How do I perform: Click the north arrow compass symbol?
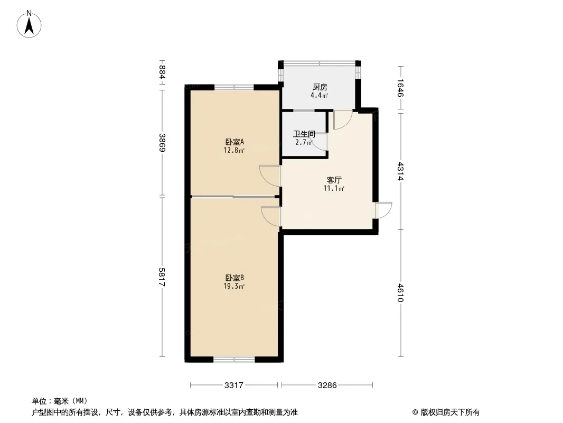pyautogui.click(x=29, y=24)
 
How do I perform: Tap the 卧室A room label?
pyautogui.click(x=235, y=142)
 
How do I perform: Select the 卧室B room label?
pyautogui.click(x=235, y=278)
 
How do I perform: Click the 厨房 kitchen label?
pyautogui.click(x=320, y=87)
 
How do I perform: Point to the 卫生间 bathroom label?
pyautogui.click(x=304, y=134)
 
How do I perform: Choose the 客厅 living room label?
pyautogui.click(x=334, y=180)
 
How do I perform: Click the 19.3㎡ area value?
pyautogui.click(x=234, y=287)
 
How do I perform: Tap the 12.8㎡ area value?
pyautogui.click(x=234, y=151)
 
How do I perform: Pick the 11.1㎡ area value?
pyautogui.click(x=334, y=188)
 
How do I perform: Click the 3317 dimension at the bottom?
pyautogui.click(x=234, y=385)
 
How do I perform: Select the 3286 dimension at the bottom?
pyautogui.click(x=327, y=385)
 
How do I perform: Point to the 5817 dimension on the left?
pyautogui.click(x=162, y=277)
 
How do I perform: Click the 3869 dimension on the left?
pyautogui.click(x=162, y=143)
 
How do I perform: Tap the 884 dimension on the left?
pyautogui.click(x=162, y=72)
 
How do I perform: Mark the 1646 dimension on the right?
pyautogui.click(x=401, y=88)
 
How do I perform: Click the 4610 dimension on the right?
pyautogui.click(x=401, y=293)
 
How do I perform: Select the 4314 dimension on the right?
pyautogui.click(x=401, y=171)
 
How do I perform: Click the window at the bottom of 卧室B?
pyautogui.click(x=234, y=359)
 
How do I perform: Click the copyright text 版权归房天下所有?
pyautogui.click(x=450, y=412)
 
